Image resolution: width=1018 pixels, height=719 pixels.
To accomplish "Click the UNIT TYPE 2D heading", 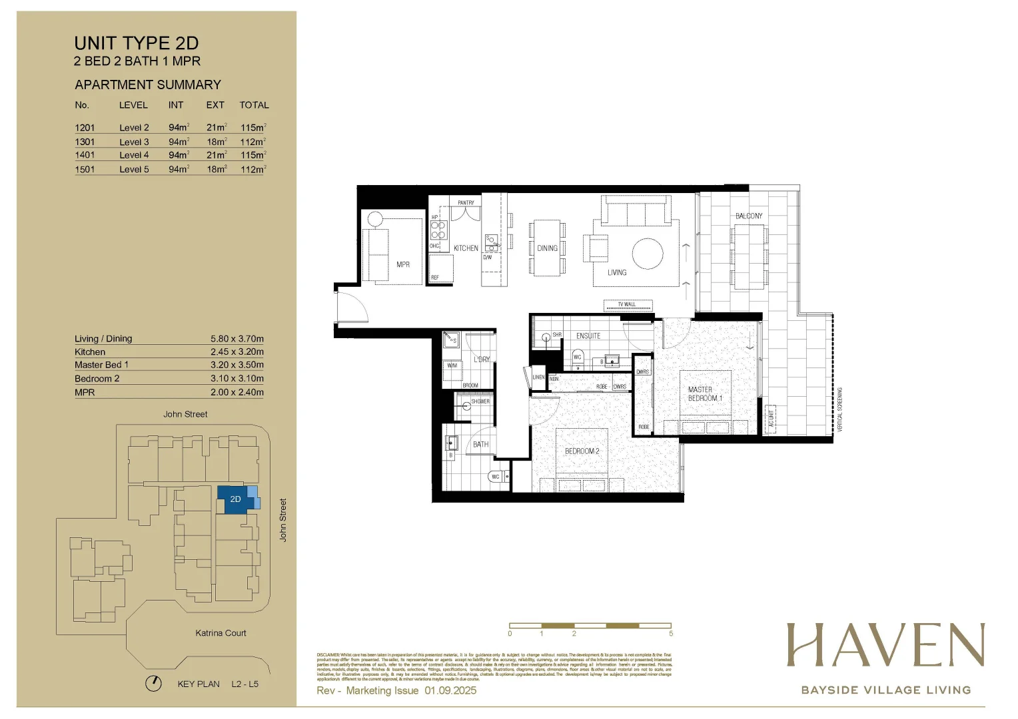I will point(136,43).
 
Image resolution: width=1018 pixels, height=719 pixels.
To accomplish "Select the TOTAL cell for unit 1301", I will point(253,142).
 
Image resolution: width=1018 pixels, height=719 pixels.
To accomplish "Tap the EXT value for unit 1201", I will point(217,127).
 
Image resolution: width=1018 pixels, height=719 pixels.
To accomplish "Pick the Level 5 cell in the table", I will point(134,169).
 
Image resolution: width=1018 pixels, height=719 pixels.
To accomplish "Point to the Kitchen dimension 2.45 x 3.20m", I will point(237,352).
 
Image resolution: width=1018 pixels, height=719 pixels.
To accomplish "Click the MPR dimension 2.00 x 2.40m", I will point(237,392).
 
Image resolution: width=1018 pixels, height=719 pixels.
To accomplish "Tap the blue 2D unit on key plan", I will point(235,499).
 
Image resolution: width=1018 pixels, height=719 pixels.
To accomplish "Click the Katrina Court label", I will point(221,633).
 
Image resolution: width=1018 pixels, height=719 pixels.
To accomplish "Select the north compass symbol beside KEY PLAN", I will point(154,684).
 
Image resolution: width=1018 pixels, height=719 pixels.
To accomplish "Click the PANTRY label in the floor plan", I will point(466,202).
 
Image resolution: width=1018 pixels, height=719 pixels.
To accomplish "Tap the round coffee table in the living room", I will point(648,254).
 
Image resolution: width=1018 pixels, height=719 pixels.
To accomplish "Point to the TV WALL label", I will point(627,305).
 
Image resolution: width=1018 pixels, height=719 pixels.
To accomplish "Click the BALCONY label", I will point(749,216).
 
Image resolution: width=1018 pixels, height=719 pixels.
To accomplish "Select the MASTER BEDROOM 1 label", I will point(705,393).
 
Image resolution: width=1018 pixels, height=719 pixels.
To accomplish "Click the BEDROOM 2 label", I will point(582,451).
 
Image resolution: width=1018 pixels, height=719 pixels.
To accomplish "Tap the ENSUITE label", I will point(588,336).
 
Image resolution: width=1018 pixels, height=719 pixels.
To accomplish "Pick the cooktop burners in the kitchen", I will point(438,230).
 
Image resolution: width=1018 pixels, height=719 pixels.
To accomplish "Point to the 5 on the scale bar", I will point(671,634).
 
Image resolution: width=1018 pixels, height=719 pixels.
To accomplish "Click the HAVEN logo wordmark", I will point(885,645).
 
